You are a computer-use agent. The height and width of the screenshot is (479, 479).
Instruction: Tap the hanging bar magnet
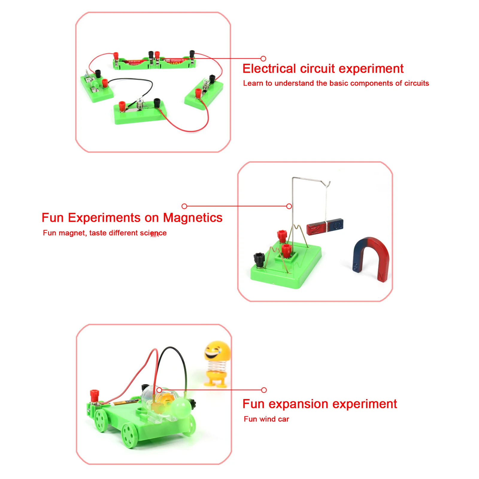pyautogui.click(x=325, y=226)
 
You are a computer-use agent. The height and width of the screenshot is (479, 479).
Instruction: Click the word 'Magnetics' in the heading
pyautogui.click(x=192, y=218)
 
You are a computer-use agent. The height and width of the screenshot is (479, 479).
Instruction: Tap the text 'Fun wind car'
pyautogui.click(x=266, y=419)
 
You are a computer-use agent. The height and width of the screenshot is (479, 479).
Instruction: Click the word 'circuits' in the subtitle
pyautogui.click(x=416, y=83)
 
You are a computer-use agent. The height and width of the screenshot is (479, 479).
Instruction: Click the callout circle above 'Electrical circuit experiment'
pyautogui.click(x=263, y=59)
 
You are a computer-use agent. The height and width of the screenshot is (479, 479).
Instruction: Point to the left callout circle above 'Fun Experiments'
pyautogui.click(x=184, y=206)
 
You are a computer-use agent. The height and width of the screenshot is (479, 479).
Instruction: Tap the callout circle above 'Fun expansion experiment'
pyautogui.click(x=264, y=390)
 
